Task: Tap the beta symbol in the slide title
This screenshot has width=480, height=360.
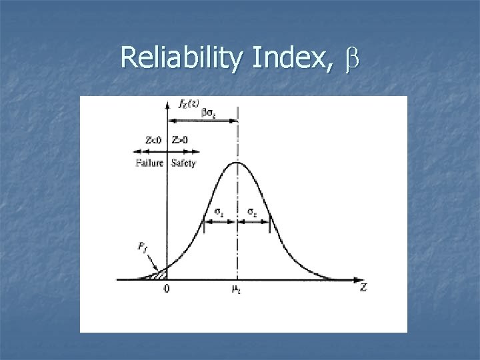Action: tap(351, 61)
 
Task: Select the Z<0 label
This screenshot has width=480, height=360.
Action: tap(153, 140)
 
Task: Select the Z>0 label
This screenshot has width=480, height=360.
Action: tap(180, 140)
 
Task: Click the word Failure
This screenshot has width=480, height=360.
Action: tap(150, 163)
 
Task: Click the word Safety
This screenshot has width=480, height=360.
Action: tap(183, 163)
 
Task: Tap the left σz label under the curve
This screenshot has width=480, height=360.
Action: tap(219, 213)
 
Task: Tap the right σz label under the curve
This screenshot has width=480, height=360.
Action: tap(253, 213)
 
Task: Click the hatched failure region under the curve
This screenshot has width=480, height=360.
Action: tap(160, 273)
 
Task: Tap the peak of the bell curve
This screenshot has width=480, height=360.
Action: tap(237, 162)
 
